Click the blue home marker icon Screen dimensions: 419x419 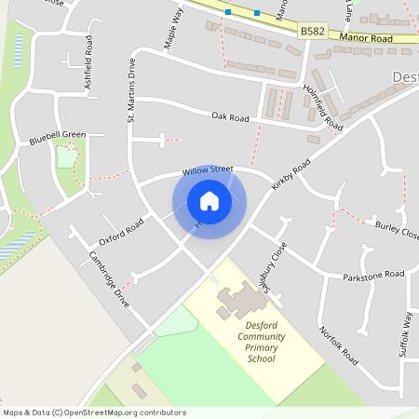209,200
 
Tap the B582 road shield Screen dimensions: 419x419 313,32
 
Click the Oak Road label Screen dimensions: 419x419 230,119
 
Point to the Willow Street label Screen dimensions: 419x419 208,170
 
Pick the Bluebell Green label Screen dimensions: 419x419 57,135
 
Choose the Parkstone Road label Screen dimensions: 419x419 373,275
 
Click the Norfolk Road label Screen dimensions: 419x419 338,345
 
